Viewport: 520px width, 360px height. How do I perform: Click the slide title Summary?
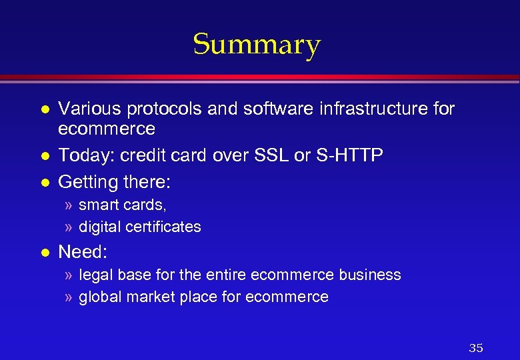pyautogui.click(x=257, y=45)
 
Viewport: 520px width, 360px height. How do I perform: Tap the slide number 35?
pyautogui.click(x=476, y=348)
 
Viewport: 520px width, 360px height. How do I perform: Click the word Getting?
pyautogui.click(x=85, y=181)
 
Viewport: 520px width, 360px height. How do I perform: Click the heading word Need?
pyautogui.click(x=83, y=252)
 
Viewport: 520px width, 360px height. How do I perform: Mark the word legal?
pyautogui.click(x=95, y=275)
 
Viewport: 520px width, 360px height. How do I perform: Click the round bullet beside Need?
pyautogui.click(x=45, y=253)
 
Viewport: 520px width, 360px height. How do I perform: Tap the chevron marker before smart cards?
pyautogui.click(x=69, y=205)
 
